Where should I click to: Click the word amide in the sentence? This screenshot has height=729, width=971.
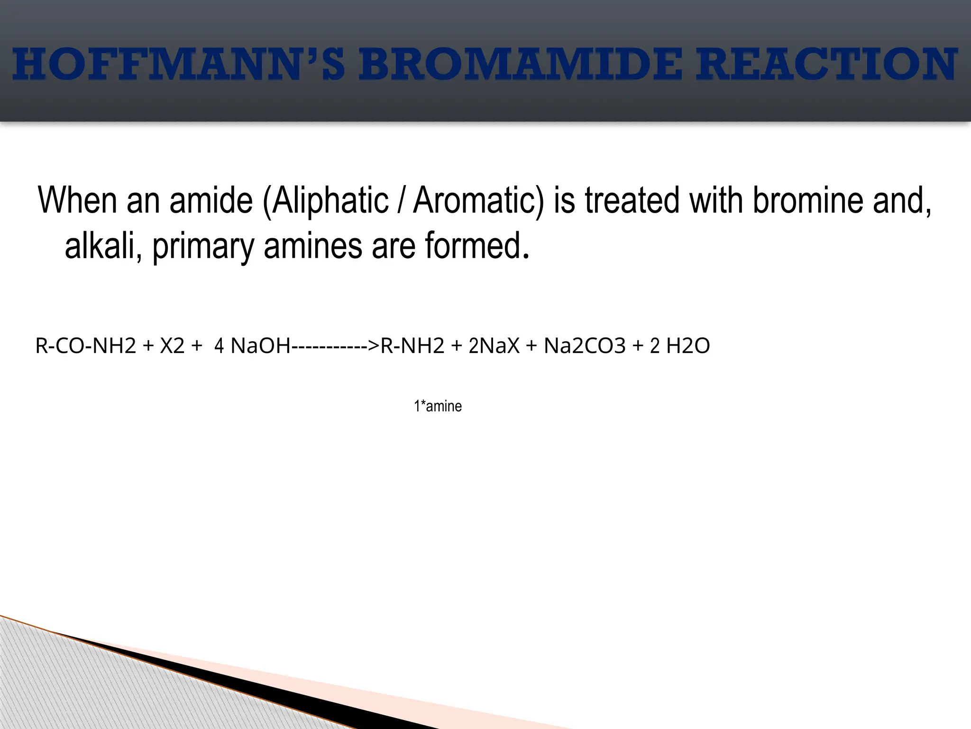click(211, 200)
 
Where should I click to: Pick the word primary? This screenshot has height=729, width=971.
click(203, 247)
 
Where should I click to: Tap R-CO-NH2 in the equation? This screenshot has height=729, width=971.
click(86, 346)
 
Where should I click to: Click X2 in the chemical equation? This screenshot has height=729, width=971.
click(172, 346)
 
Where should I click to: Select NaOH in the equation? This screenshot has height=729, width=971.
click(260, 346)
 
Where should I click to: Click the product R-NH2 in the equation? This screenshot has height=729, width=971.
click(412, 346)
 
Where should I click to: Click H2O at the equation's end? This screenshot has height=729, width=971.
click(688, 346)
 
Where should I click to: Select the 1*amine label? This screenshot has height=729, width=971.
click(438, 406)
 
